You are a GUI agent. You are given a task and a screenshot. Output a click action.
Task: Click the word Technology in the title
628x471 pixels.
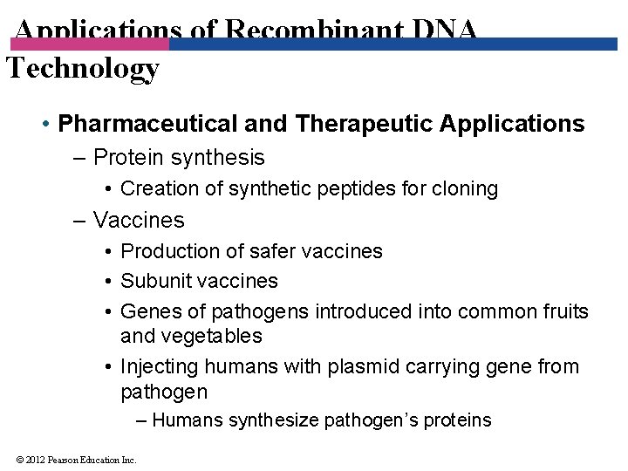pyautogui.click(x=83, y=68)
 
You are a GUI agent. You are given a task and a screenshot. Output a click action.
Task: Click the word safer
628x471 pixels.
pyautogui.click(x=274, y=251)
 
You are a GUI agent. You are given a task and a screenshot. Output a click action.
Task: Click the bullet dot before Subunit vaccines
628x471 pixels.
pyautogui.click(x=106, y=282)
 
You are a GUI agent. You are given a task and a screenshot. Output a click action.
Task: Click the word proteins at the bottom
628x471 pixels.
pyautogui.click(x=457, y=420)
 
